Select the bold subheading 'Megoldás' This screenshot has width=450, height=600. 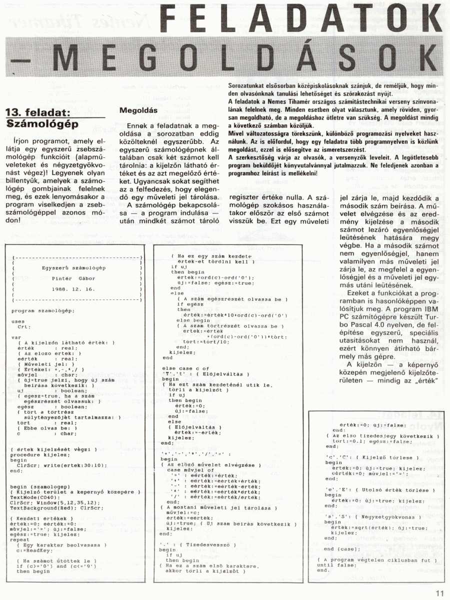(x=138, y=110)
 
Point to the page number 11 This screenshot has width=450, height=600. (x=439, y=593)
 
